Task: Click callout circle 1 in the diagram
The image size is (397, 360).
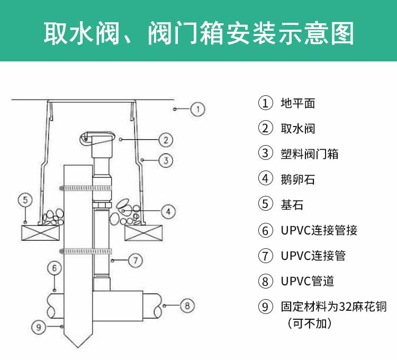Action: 197,109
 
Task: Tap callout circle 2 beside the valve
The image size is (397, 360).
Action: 166,139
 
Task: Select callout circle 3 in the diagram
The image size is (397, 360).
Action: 166,160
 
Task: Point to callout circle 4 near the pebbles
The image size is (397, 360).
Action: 168,211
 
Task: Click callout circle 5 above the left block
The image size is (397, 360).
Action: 25,200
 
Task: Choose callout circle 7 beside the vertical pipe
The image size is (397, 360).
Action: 136,260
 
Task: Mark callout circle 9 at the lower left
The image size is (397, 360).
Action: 37,327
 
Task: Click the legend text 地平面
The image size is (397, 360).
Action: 297,103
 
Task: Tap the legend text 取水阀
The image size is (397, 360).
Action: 297,129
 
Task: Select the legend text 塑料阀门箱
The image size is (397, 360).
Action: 309,154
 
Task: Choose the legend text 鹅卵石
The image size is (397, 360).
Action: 297,179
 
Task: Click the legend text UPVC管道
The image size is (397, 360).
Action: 307,281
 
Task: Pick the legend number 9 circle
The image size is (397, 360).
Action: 265,307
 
